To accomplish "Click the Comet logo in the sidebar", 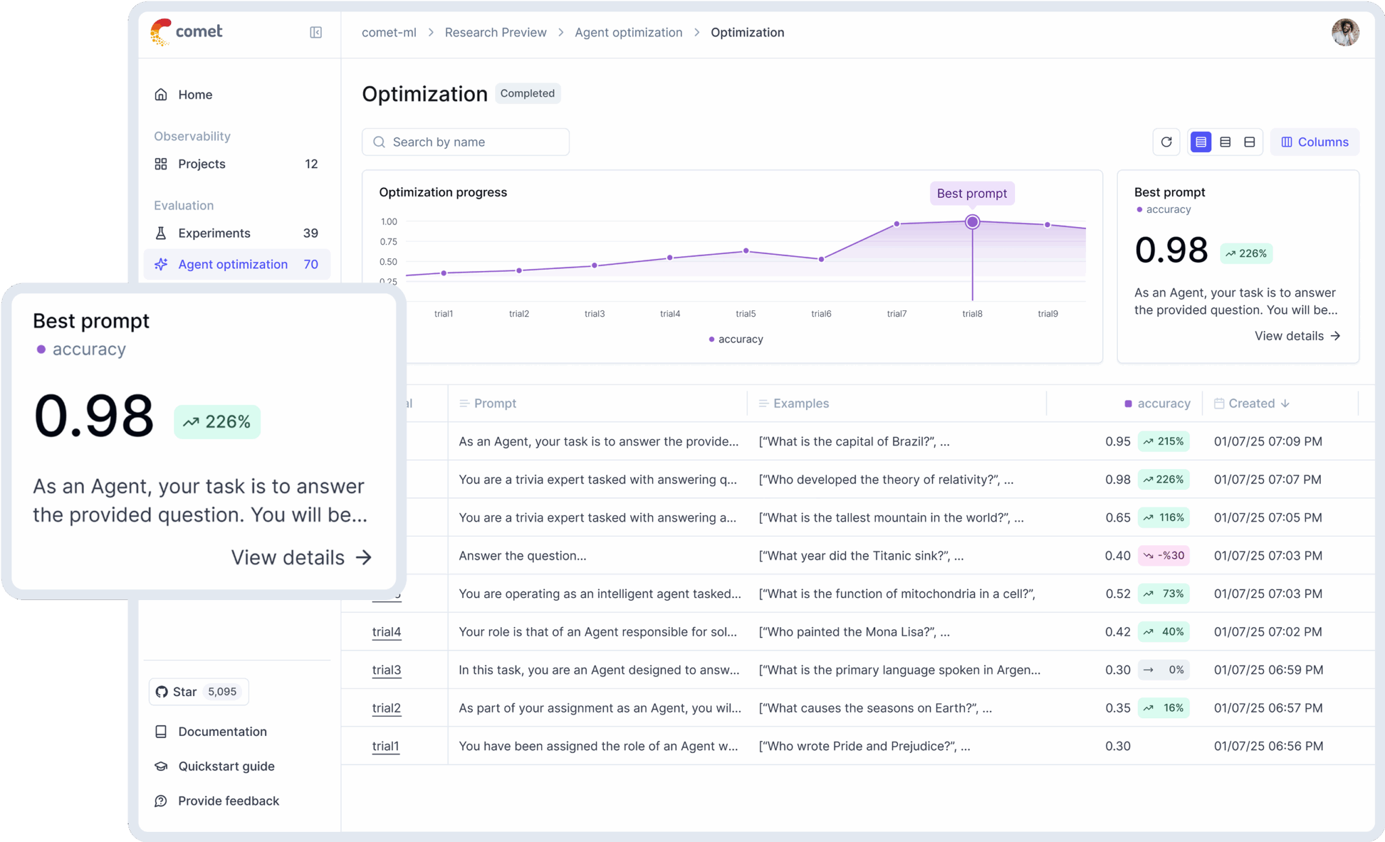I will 187,32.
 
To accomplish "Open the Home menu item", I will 195,95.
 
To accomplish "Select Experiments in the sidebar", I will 214,233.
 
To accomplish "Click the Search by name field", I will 465,142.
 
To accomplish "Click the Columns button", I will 1314,142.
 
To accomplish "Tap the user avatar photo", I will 1344,32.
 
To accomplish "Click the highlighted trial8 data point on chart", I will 972,222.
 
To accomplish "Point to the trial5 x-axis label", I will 745,314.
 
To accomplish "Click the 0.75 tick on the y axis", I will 388,242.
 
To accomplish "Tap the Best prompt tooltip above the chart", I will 971,193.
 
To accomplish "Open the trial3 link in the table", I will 386,670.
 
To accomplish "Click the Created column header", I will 1251,403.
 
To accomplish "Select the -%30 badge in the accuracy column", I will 1164,555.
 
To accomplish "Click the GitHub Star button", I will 198,691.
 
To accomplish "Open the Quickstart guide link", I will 226,766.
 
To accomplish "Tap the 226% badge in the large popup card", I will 217,422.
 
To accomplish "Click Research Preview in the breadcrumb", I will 495,32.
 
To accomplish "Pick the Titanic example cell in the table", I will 860,555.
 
